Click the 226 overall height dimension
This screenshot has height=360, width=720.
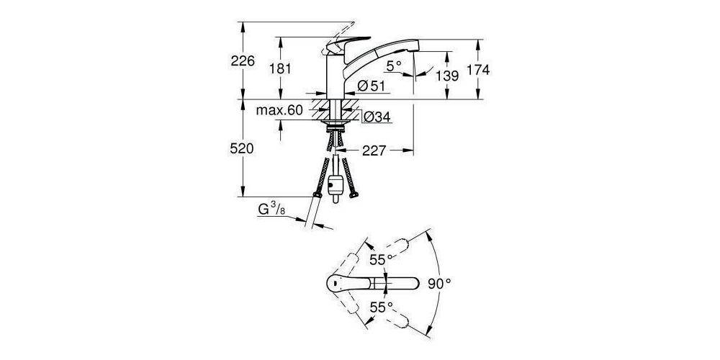pos(243,62)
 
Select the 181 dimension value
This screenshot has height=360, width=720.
pos(279,69)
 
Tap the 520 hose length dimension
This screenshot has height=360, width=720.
pos(243,149)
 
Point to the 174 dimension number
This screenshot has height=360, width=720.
pos(478,70)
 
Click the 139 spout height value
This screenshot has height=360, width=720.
pos(446,75)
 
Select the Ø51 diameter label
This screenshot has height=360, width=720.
pos(372,86)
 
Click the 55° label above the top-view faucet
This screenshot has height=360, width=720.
pos(382,258)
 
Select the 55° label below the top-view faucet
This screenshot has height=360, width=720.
pos(382,307)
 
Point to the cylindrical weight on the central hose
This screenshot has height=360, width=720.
pos(333,185)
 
